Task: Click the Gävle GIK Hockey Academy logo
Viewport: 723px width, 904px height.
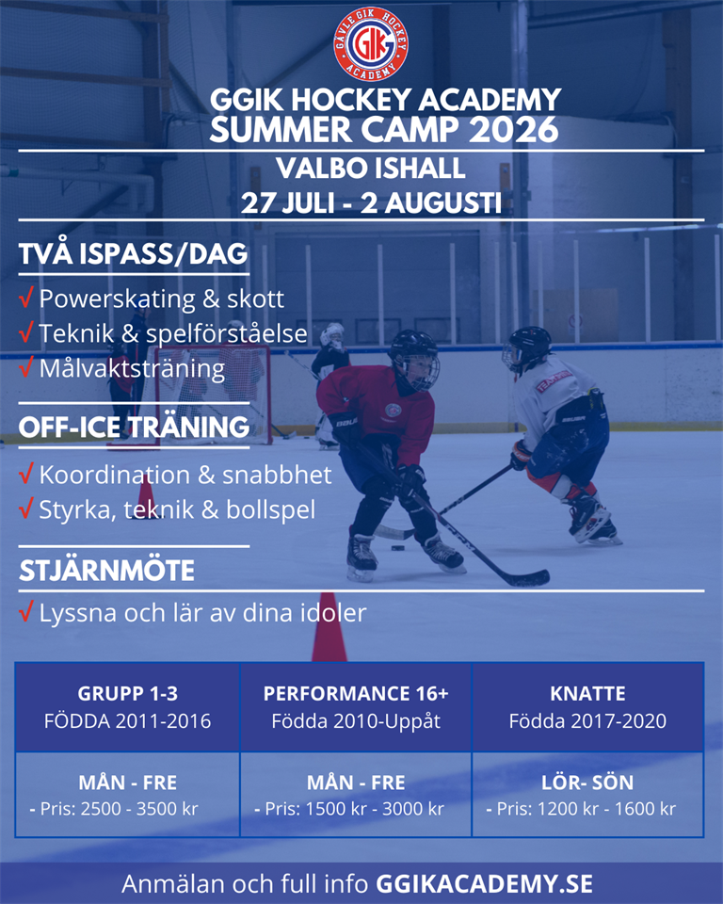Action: click(x=371, y=44)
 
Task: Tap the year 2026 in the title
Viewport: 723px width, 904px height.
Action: click(x=514, y=129)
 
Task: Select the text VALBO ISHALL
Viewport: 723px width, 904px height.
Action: click(x=371, y=169)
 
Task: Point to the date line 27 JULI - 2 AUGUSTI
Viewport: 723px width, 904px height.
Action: click(x=371, y=203)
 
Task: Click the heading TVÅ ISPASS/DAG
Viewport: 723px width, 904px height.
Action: click(x=133, y=253)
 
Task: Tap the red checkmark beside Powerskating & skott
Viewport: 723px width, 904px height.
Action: click(x=26, y=298)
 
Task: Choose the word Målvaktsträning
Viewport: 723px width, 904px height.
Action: click(x=132, y=369)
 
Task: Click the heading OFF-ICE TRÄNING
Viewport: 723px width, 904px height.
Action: click(x=134, y=427)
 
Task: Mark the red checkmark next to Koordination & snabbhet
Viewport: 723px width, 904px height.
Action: click(x=26, y=474)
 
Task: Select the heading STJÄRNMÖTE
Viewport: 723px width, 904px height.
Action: click(x=106, y=571)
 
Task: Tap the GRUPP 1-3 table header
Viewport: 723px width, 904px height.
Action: click(x=127, y=693)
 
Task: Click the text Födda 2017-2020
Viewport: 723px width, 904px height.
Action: click(x=587, y=720)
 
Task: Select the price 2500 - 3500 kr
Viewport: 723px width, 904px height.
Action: click(x=139, y=808)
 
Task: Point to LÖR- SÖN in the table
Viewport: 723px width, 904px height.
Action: click(x=587, y=783)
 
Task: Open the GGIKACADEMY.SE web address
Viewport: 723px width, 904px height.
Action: click(x=484, y=884)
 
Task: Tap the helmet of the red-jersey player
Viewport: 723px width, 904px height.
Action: click(x=414, y=358)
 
